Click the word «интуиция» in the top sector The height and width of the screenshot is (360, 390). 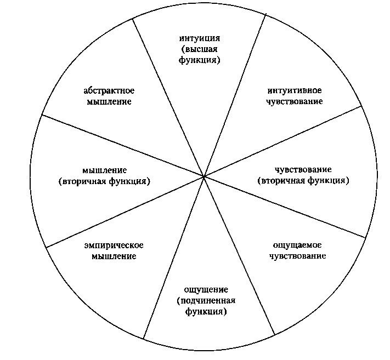point(200,39)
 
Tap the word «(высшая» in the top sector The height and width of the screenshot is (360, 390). point(200,50)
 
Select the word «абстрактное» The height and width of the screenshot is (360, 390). point(109,90)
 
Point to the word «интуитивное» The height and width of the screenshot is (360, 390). point(295,90)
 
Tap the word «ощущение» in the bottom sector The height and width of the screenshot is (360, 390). point(206,289)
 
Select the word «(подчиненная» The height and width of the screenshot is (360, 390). point(206,301)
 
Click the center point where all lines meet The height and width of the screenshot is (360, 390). point(204,176)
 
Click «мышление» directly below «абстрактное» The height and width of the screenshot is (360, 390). point(109,102)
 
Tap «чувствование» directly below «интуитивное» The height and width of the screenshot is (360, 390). point(295,101)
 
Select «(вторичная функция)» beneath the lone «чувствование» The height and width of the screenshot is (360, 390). point(303,180)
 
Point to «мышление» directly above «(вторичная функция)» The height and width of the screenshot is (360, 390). point(104,170)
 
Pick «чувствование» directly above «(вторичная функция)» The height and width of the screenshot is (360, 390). point(303,169)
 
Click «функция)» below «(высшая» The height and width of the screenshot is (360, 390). point(200,61)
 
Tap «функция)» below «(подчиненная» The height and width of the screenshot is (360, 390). point(206,312)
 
